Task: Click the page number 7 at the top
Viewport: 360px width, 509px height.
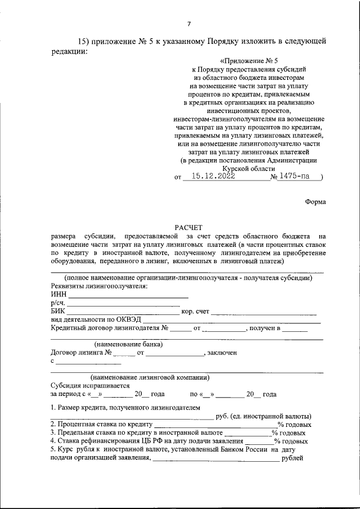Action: [x=189, y=23]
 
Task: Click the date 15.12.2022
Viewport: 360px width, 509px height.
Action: [x=213, y=176]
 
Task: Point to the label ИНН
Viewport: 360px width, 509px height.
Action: [x=58, y=294]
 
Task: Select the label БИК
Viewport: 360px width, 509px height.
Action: [x=58, y=311]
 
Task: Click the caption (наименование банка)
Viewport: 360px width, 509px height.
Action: [x=128, y=344]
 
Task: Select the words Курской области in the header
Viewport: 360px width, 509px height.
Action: [x=249, y=168]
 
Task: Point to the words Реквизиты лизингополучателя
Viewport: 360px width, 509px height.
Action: [x=99, y=286]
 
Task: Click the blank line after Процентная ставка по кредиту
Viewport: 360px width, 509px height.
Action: [x=215, y=425]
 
